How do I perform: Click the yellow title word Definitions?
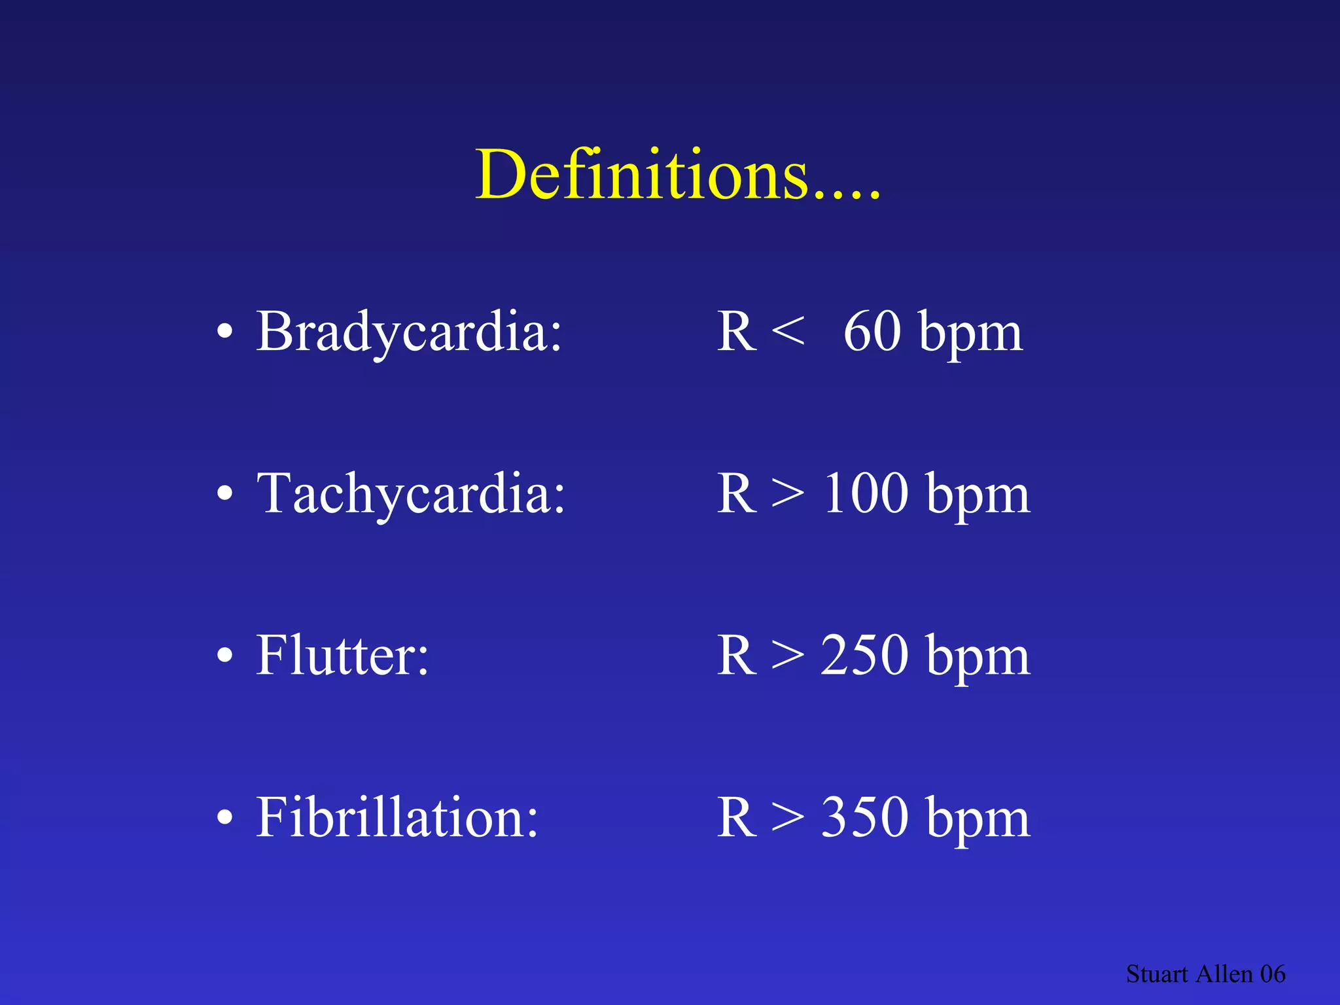tap(677, 175)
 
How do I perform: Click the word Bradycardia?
tap(409, 332)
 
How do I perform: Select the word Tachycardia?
tap(411, 493)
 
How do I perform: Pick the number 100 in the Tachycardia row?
tap(866, 493)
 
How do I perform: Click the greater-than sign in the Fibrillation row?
tap(788, 817)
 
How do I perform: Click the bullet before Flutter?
tap(224, 655)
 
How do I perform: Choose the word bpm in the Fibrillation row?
tap(979, 820)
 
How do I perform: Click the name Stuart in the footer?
tap(1156, 974)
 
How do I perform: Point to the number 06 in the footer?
tap(1273, 974)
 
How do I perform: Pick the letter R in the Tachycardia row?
tap(737, 493)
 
